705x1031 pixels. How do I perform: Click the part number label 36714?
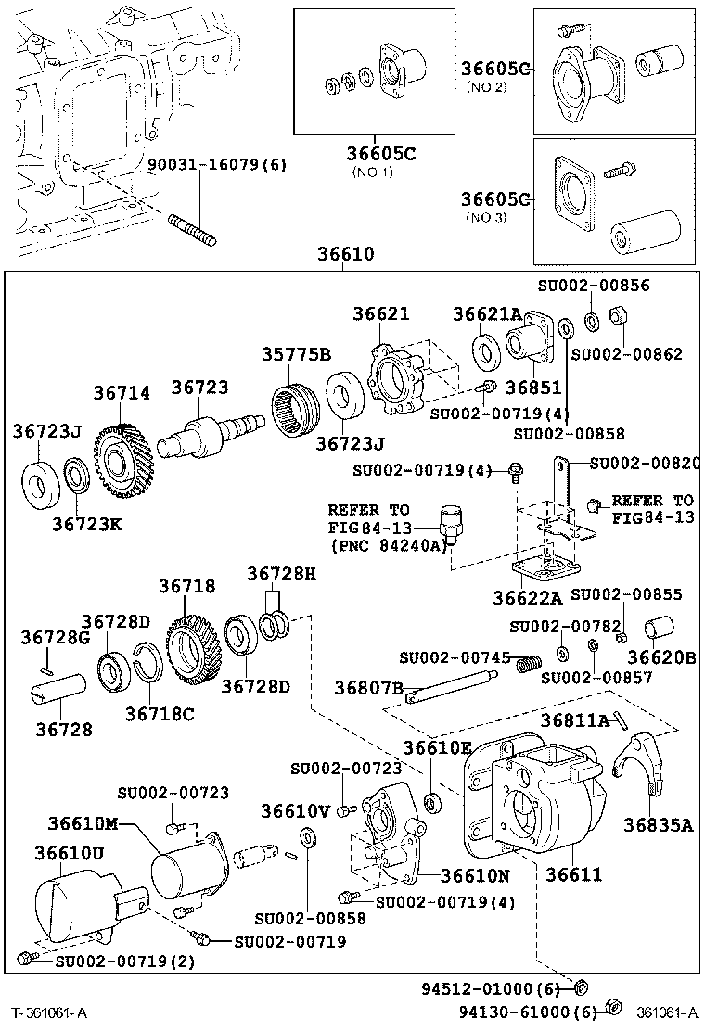click(122, 393)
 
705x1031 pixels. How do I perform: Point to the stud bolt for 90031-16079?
click(192, 229)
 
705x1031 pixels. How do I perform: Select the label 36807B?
click(368, 688)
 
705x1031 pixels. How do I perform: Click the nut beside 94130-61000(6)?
click(612, 1005)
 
